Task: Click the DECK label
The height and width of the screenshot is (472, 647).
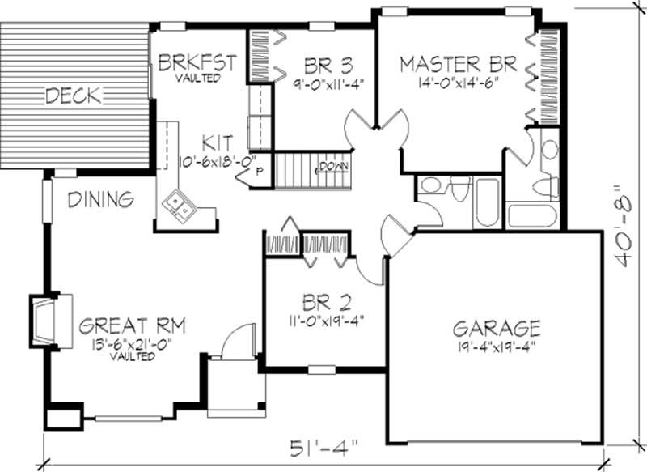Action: [73, 96]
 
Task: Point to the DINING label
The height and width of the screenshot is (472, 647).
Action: [100, 198]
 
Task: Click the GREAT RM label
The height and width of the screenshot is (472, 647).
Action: [133, 326]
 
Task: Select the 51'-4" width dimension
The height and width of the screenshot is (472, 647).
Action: [322, 448]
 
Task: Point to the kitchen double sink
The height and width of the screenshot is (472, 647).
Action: [179, 207]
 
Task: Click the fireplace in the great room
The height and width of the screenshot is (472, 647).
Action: [42, 316]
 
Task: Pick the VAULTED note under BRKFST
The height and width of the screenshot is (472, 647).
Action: [197, 78]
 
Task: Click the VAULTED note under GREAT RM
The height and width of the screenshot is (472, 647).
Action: [133, 356]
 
